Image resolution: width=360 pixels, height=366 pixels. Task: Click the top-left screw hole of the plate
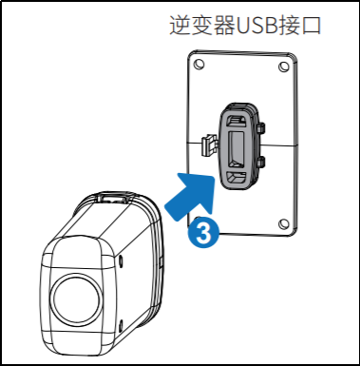click(198, 67)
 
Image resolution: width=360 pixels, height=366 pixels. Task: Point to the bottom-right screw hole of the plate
click(282, 224)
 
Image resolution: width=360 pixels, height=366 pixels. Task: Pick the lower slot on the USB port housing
click(236, 176)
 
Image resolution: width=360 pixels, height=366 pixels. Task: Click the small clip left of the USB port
click(206, 144)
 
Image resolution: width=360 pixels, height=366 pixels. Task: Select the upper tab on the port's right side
click(260, 126)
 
